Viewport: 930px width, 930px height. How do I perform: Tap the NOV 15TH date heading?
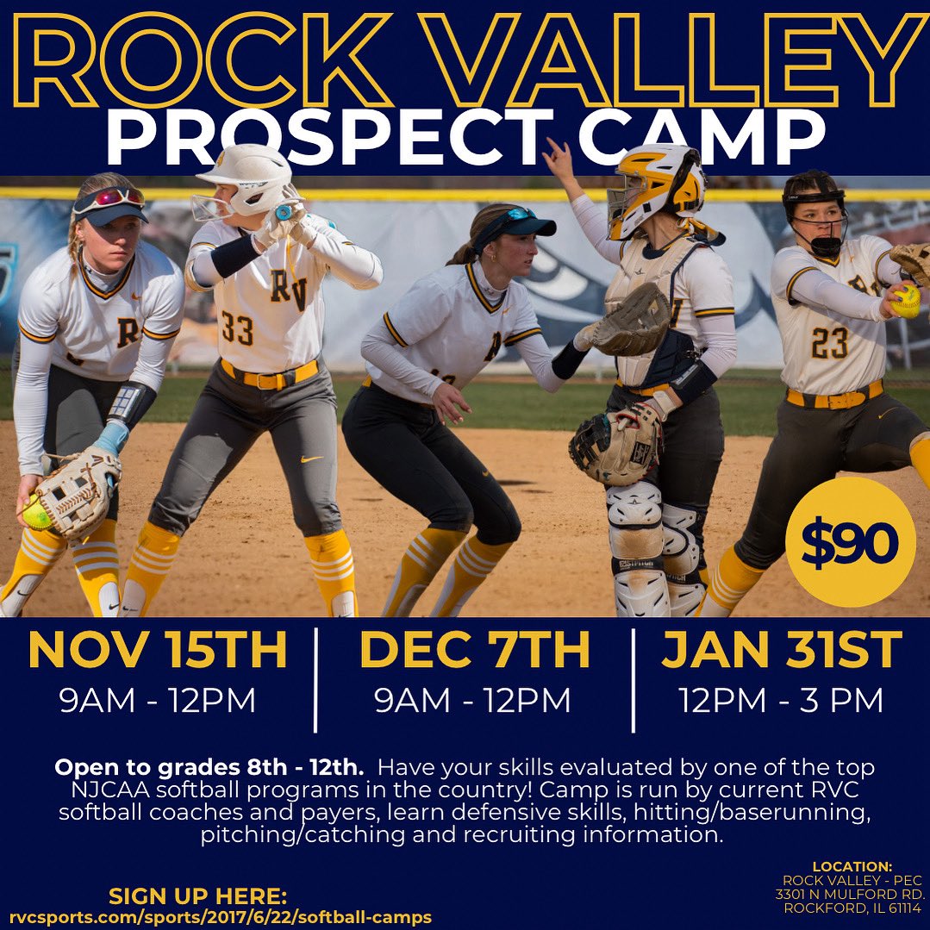tap(157, 651)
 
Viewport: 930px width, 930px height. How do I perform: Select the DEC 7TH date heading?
tap(474, 651)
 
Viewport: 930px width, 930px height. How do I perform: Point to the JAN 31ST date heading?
tap(782, 651)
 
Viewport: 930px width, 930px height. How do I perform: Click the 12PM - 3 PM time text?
tap(781, 700)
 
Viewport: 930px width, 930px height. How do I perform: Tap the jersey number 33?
tap(237, 328)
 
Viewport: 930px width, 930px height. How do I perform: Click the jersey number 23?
tap(830, 342)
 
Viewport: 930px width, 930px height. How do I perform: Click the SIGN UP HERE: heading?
tap(197, 896)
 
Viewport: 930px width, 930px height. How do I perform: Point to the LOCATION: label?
tap(852, 865)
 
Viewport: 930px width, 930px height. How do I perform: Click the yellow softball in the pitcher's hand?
tap(906, 301)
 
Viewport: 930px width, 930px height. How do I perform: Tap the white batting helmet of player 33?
tap(246, 177)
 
